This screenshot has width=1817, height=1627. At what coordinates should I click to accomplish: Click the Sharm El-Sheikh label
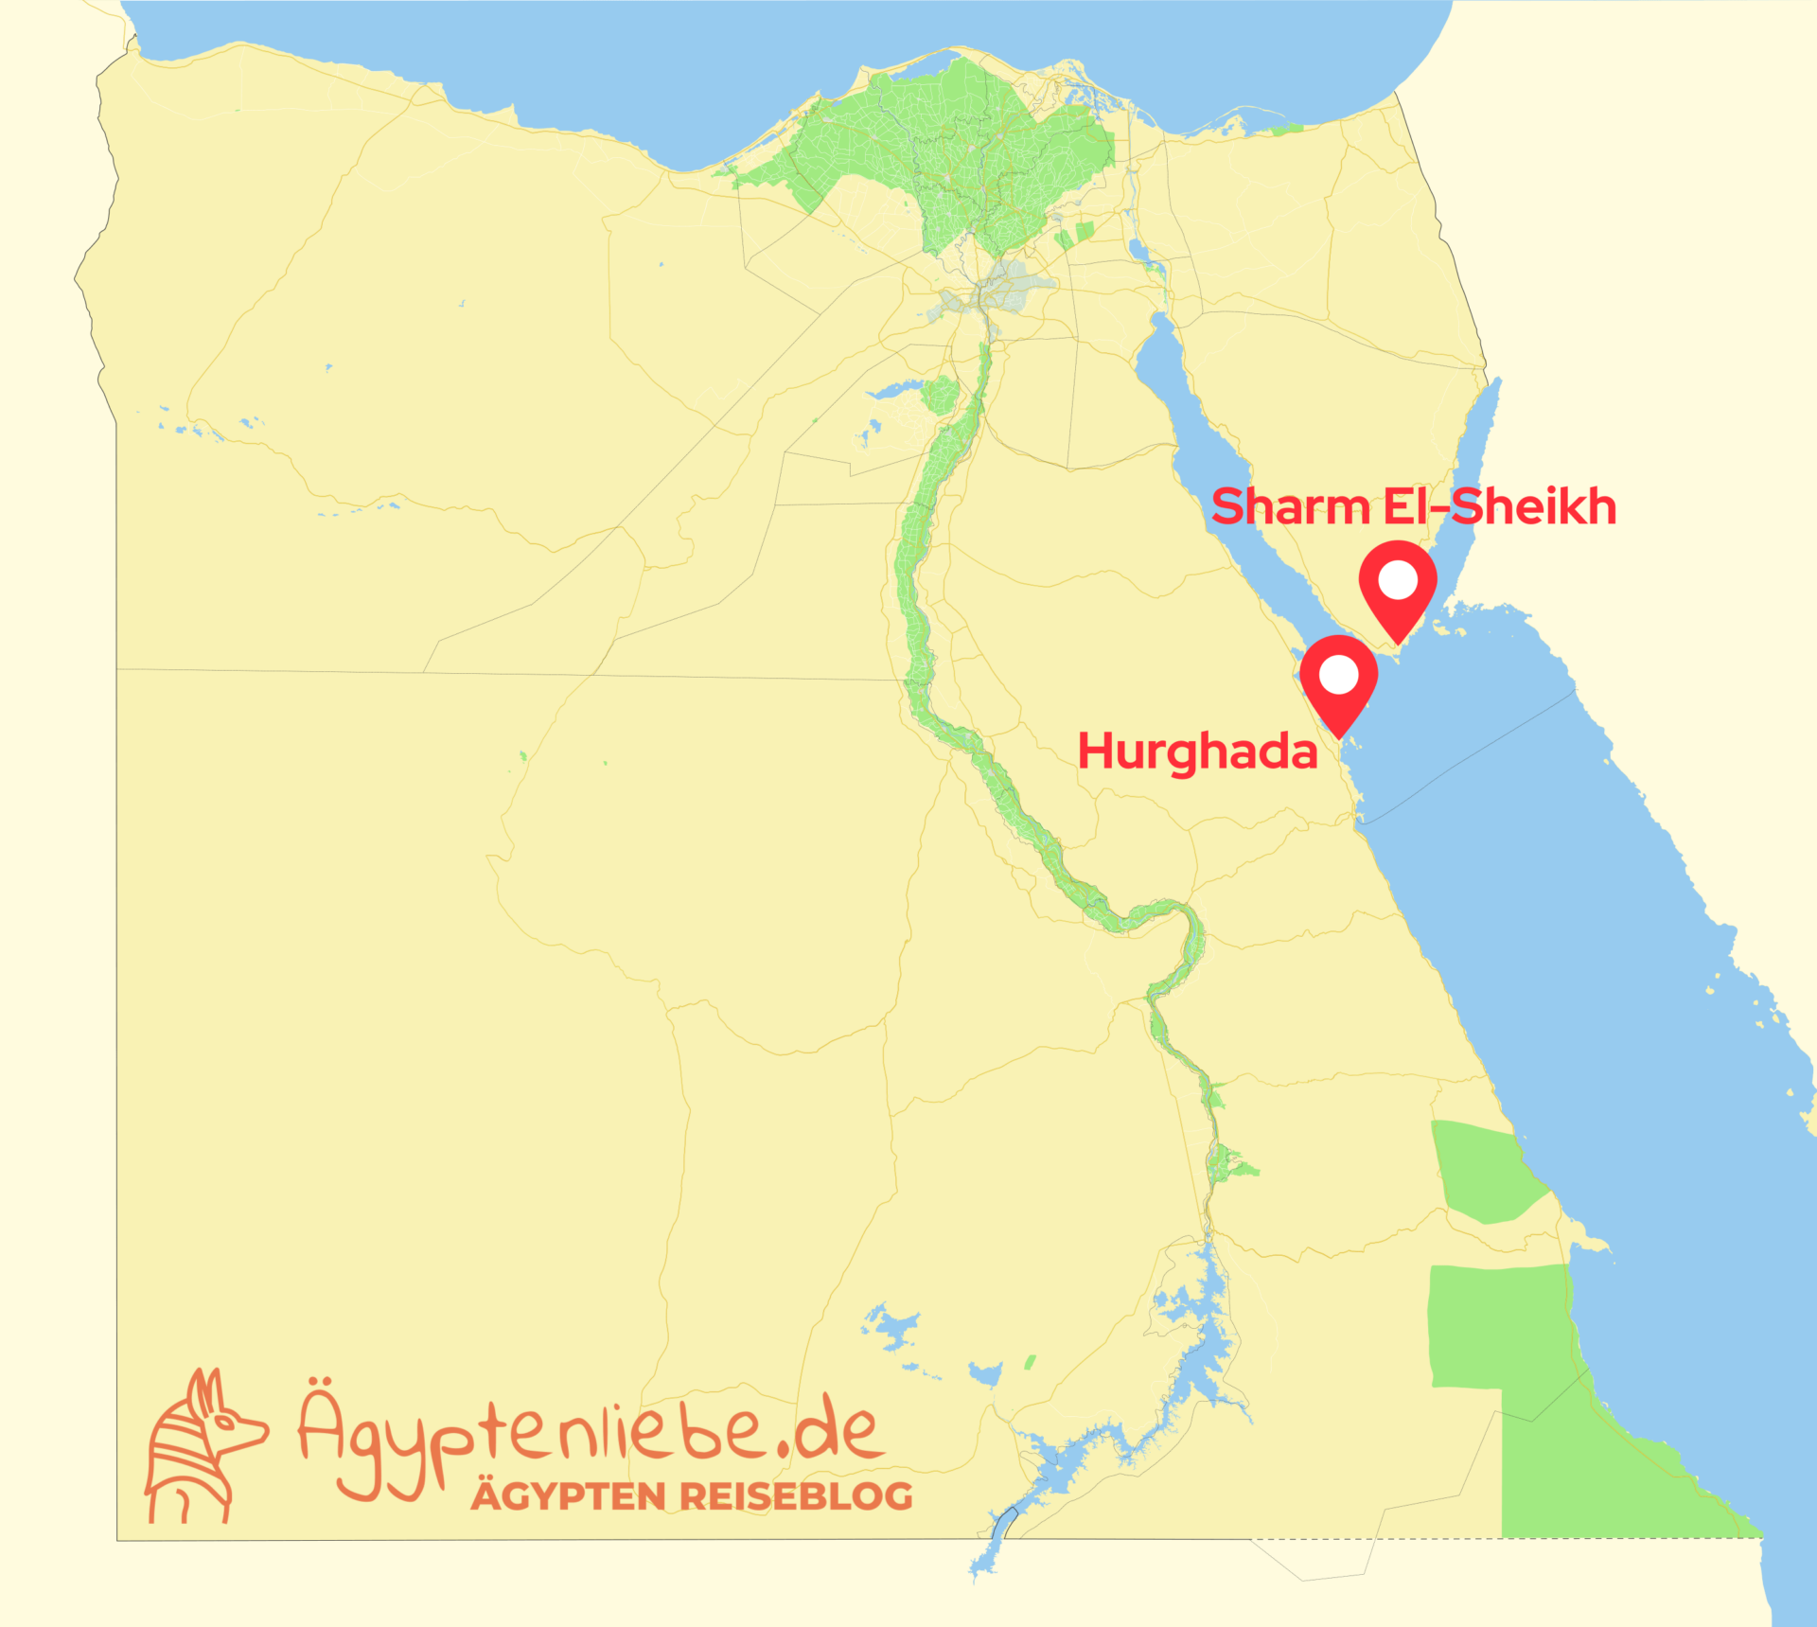coord(1413,507)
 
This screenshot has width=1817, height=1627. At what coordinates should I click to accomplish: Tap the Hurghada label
coord(1197,752)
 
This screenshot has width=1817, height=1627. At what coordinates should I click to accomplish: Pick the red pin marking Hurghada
coord(1338,684)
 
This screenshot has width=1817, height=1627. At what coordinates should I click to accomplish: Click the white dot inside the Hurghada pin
coord(1338,676)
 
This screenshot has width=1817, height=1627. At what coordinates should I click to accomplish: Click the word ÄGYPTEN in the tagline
coord(569,1497)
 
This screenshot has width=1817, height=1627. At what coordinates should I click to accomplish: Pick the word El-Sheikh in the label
coord(1499,507)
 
